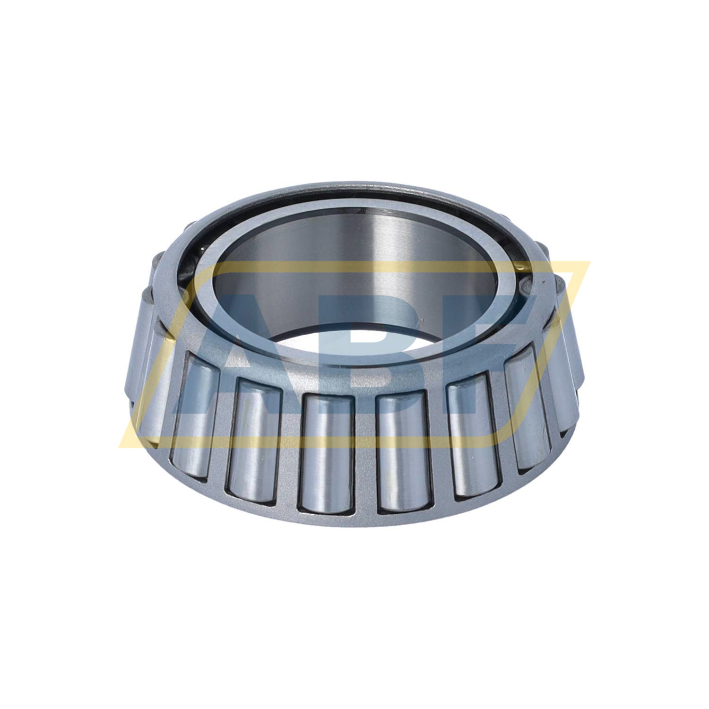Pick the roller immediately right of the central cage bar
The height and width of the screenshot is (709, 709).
point(404,454)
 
